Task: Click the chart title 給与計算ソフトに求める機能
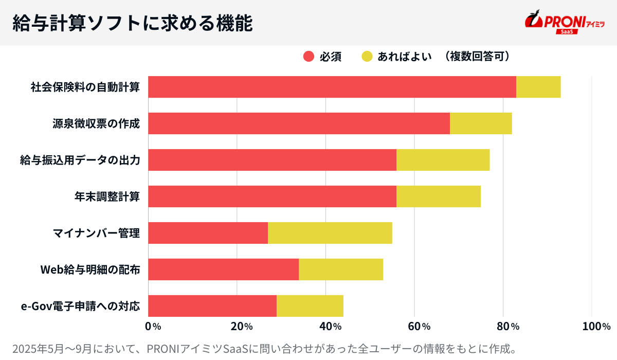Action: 132,23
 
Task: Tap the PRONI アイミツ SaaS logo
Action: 564,23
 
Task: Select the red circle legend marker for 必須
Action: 308,57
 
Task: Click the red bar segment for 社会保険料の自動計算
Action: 332,87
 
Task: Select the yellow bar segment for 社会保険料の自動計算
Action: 538,87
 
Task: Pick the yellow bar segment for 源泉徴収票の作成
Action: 481,123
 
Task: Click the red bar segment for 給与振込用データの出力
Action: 273,160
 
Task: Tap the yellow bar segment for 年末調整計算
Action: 439,196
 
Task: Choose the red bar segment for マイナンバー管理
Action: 208,233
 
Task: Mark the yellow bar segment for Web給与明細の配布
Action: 341,269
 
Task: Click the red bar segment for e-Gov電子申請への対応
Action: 212,306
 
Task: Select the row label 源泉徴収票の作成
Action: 96,123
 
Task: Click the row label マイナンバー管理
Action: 96,233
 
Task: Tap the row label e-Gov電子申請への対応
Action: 80,307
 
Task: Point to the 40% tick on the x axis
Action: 330,326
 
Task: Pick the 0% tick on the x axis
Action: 153,326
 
